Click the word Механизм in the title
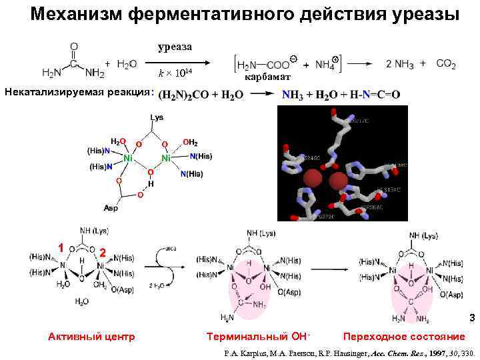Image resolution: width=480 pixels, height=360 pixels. (78, 14)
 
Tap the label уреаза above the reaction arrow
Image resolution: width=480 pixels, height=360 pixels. (175, 46)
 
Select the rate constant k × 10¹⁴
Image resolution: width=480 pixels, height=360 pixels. (175, 73)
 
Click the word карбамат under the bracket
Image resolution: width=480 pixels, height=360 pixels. (265, 77)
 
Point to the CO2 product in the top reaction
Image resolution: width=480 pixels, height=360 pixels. (446, 63)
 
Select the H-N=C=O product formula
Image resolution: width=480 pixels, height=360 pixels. (370, 95)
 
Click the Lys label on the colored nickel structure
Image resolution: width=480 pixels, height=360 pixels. (157, 118)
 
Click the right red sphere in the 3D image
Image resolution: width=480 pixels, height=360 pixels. (338, 181)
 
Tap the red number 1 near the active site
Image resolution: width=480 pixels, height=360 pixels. (60, 247)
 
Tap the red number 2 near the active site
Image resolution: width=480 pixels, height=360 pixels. (102, 253)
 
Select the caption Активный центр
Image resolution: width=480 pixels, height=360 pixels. (91, 337)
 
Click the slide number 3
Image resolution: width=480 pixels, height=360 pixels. (472, 318)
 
